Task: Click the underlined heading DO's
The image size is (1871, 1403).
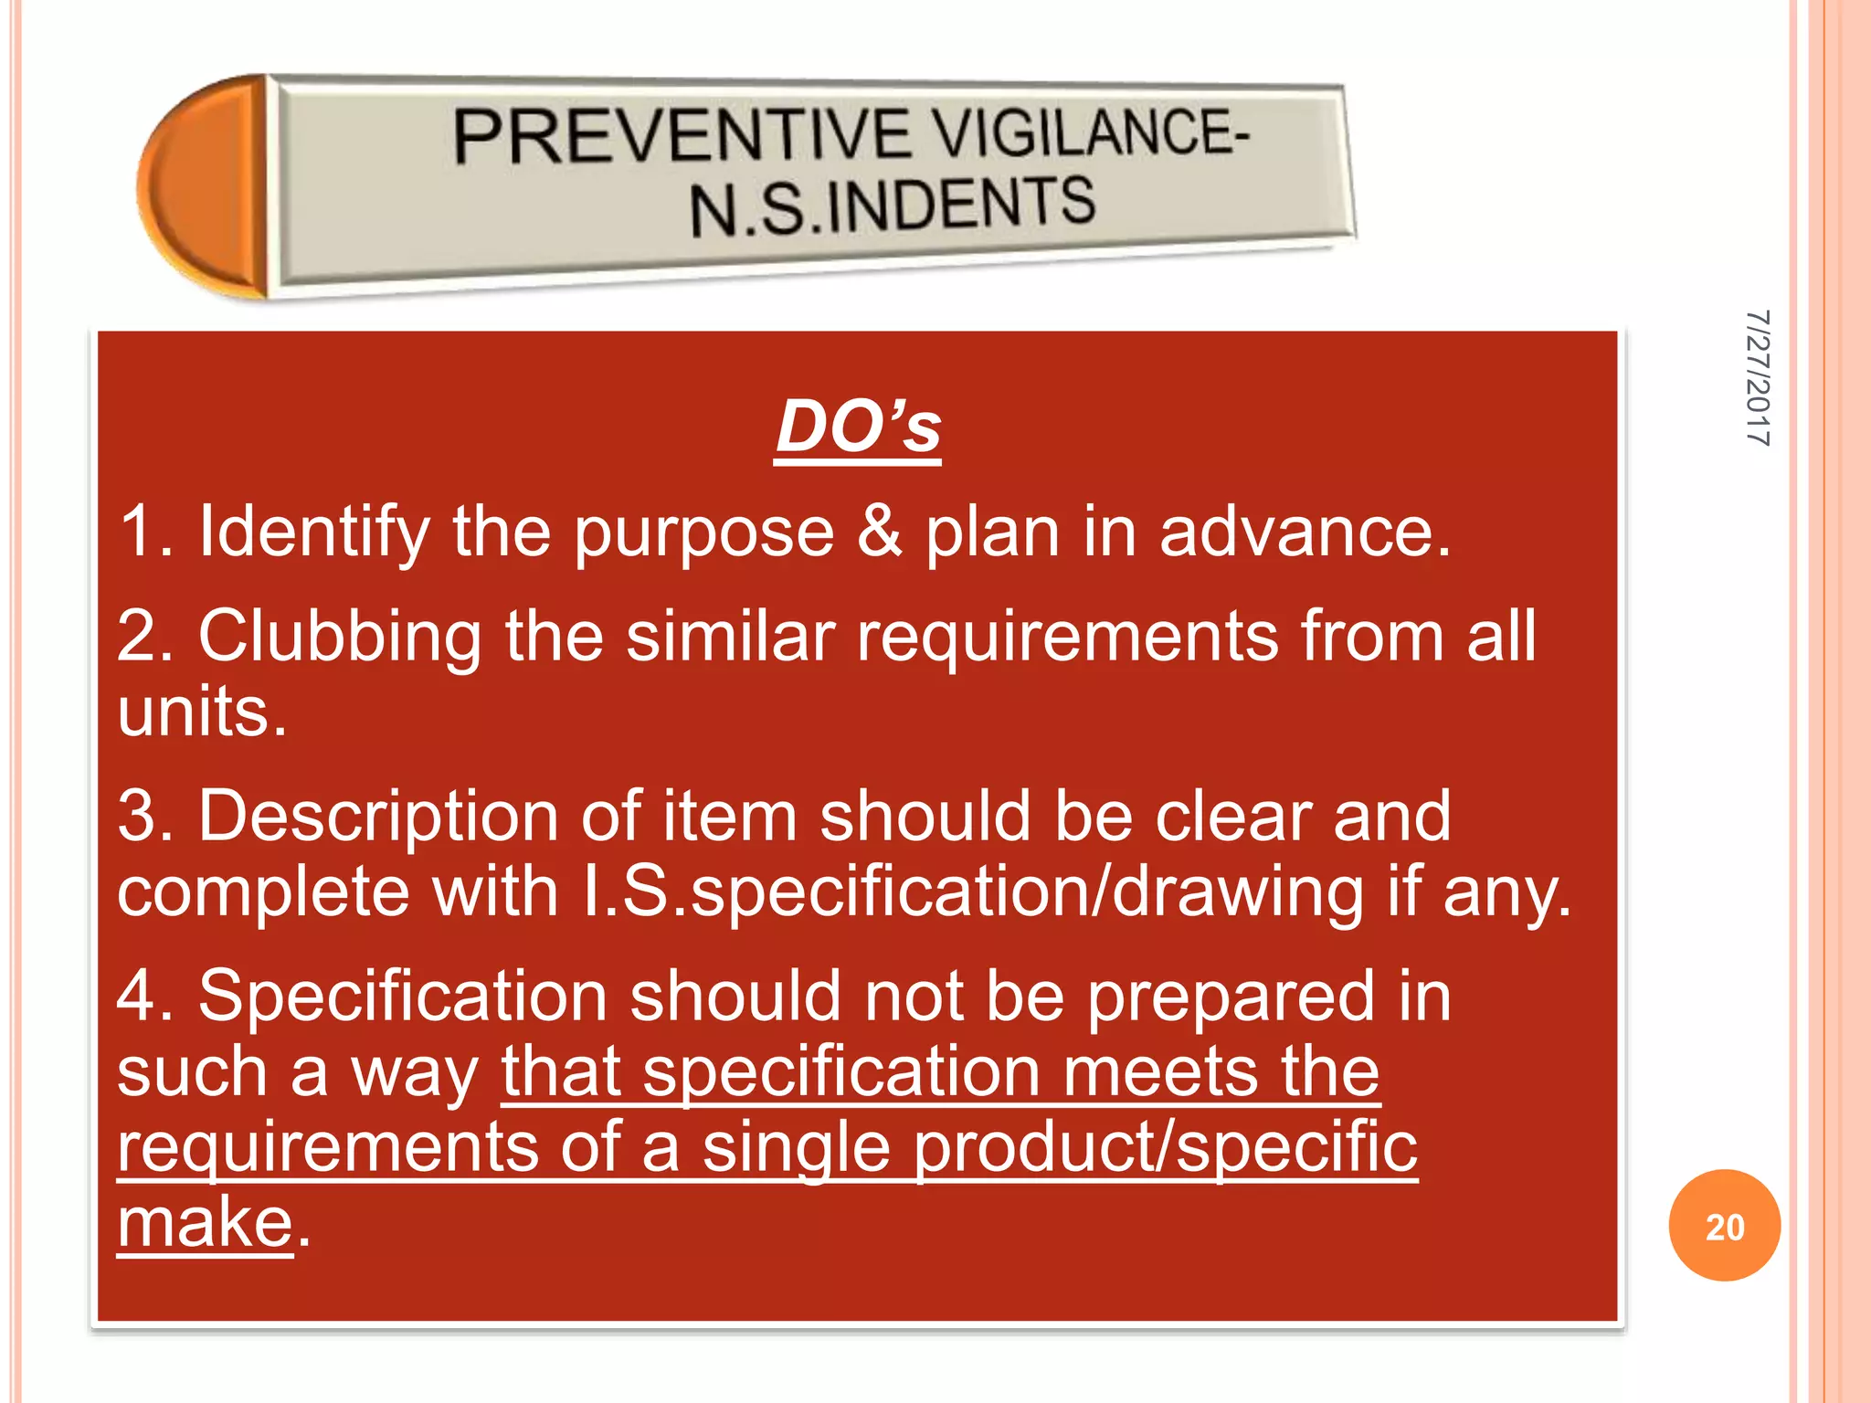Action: pos(857,427)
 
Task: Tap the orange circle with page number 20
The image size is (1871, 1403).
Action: pos(1724,1226)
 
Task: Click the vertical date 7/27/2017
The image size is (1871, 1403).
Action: pos(1758,378)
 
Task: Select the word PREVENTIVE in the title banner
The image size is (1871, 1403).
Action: pos(682,135)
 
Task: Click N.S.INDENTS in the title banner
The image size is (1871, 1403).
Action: pos(892,206)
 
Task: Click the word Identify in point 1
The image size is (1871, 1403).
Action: pos(314,532)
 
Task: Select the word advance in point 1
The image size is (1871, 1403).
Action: pos(1305,532)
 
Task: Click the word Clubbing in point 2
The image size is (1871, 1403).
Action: pos(340,637)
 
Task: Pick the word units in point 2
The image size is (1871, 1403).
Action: pos(202,712)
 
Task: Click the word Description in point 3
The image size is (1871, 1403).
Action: pos(378,817)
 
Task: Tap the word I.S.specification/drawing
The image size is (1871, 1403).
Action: pos(972,892)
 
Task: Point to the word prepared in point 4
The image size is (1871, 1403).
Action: pos(1231,997)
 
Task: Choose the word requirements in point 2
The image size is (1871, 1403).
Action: pos(1067,637)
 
